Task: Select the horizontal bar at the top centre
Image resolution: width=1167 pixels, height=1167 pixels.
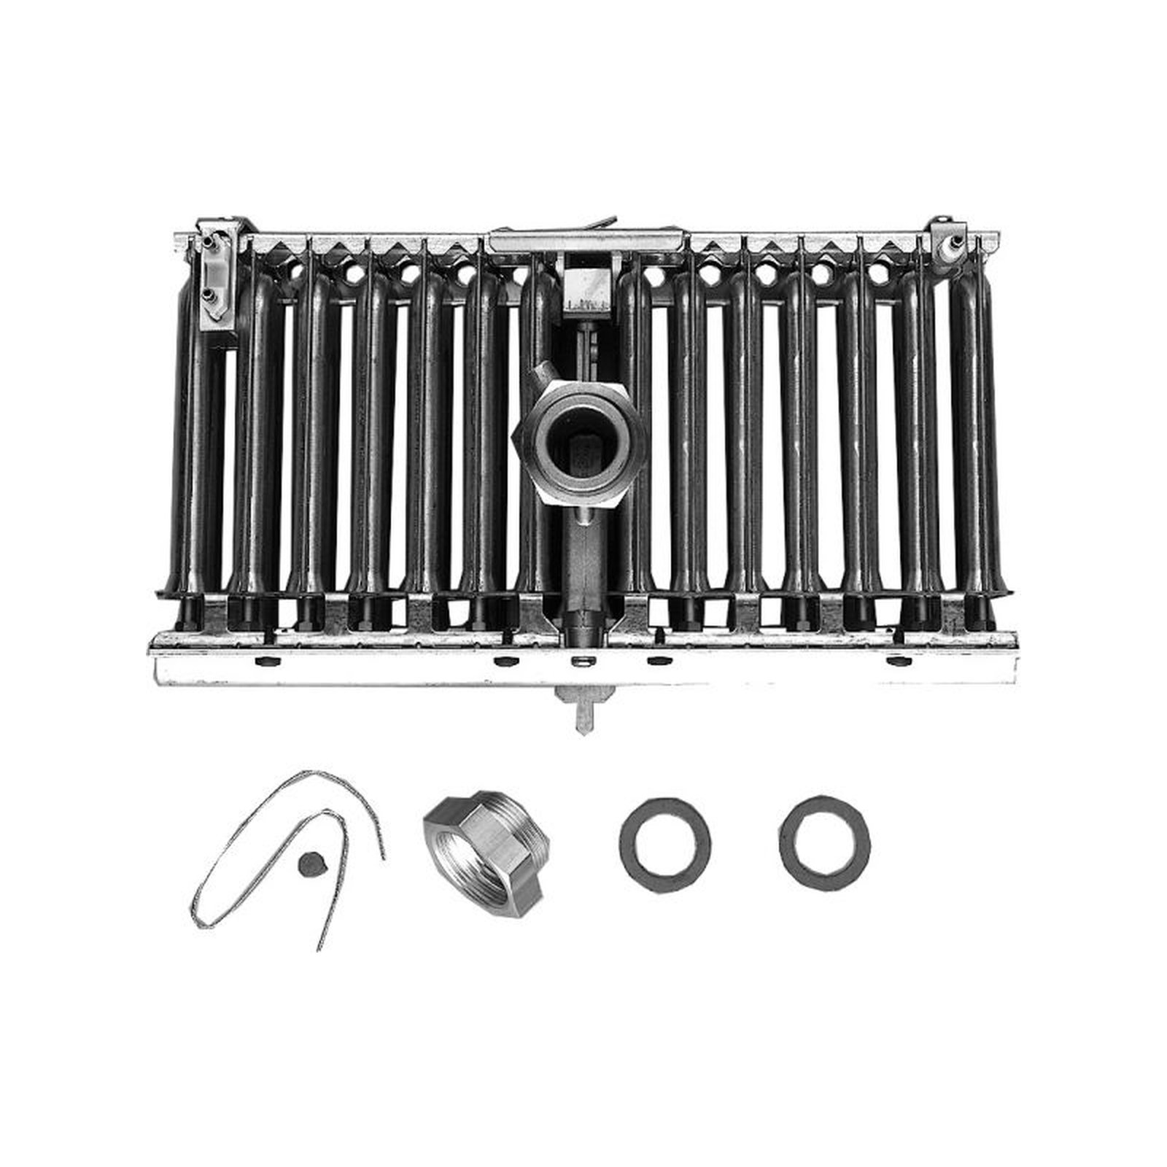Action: click(588, 240)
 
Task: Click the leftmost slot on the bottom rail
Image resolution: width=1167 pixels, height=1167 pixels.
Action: click(265, 662)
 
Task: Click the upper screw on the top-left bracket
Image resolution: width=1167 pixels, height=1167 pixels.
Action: click(209, 238)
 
